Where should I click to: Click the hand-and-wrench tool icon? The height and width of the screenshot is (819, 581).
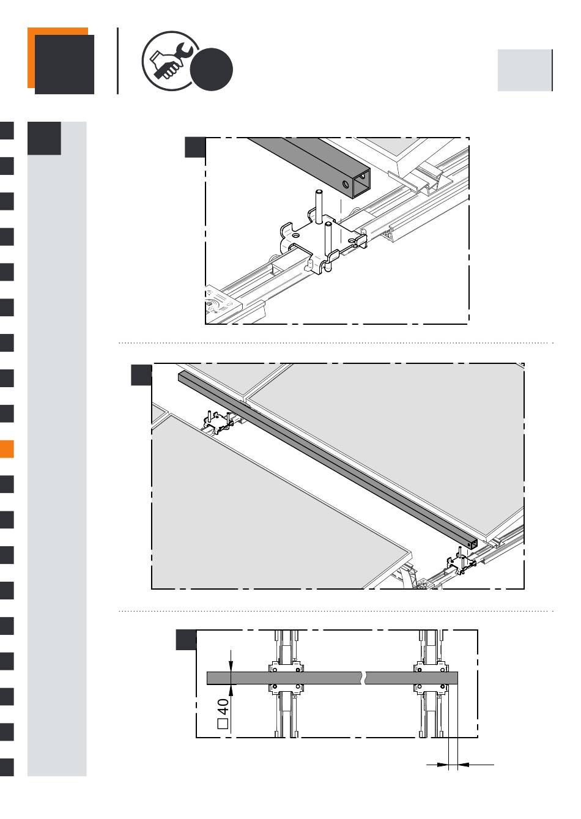coord(171,61)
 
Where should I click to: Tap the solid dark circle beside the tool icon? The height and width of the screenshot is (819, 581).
coord(212,70)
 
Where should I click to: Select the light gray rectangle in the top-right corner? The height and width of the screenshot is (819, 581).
coord(525,70)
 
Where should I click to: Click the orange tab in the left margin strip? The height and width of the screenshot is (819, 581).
coord(7,448)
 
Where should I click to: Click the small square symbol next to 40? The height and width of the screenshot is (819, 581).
coord(223,724)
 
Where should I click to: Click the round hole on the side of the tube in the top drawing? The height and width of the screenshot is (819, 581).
coord(346,184)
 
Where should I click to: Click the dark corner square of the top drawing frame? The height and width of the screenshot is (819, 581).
coord(195,147)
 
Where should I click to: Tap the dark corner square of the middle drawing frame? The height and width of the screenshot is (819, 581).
coord(141,375)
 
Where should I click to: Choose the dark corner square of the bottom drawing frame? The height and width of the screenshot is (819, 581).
coord(186,640)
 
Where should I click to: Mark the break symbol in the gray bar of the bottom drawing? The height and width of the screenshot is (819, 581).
coord(363,678)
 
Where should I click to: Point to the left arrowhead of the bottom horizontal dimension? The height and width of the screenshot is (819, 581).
coord(443,764)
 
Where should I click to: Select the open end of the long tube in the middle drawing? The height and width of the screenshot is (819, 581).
coord(473,544)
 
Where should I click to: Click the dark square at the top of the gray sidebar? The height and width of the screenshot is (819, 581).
coord(44,138)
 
